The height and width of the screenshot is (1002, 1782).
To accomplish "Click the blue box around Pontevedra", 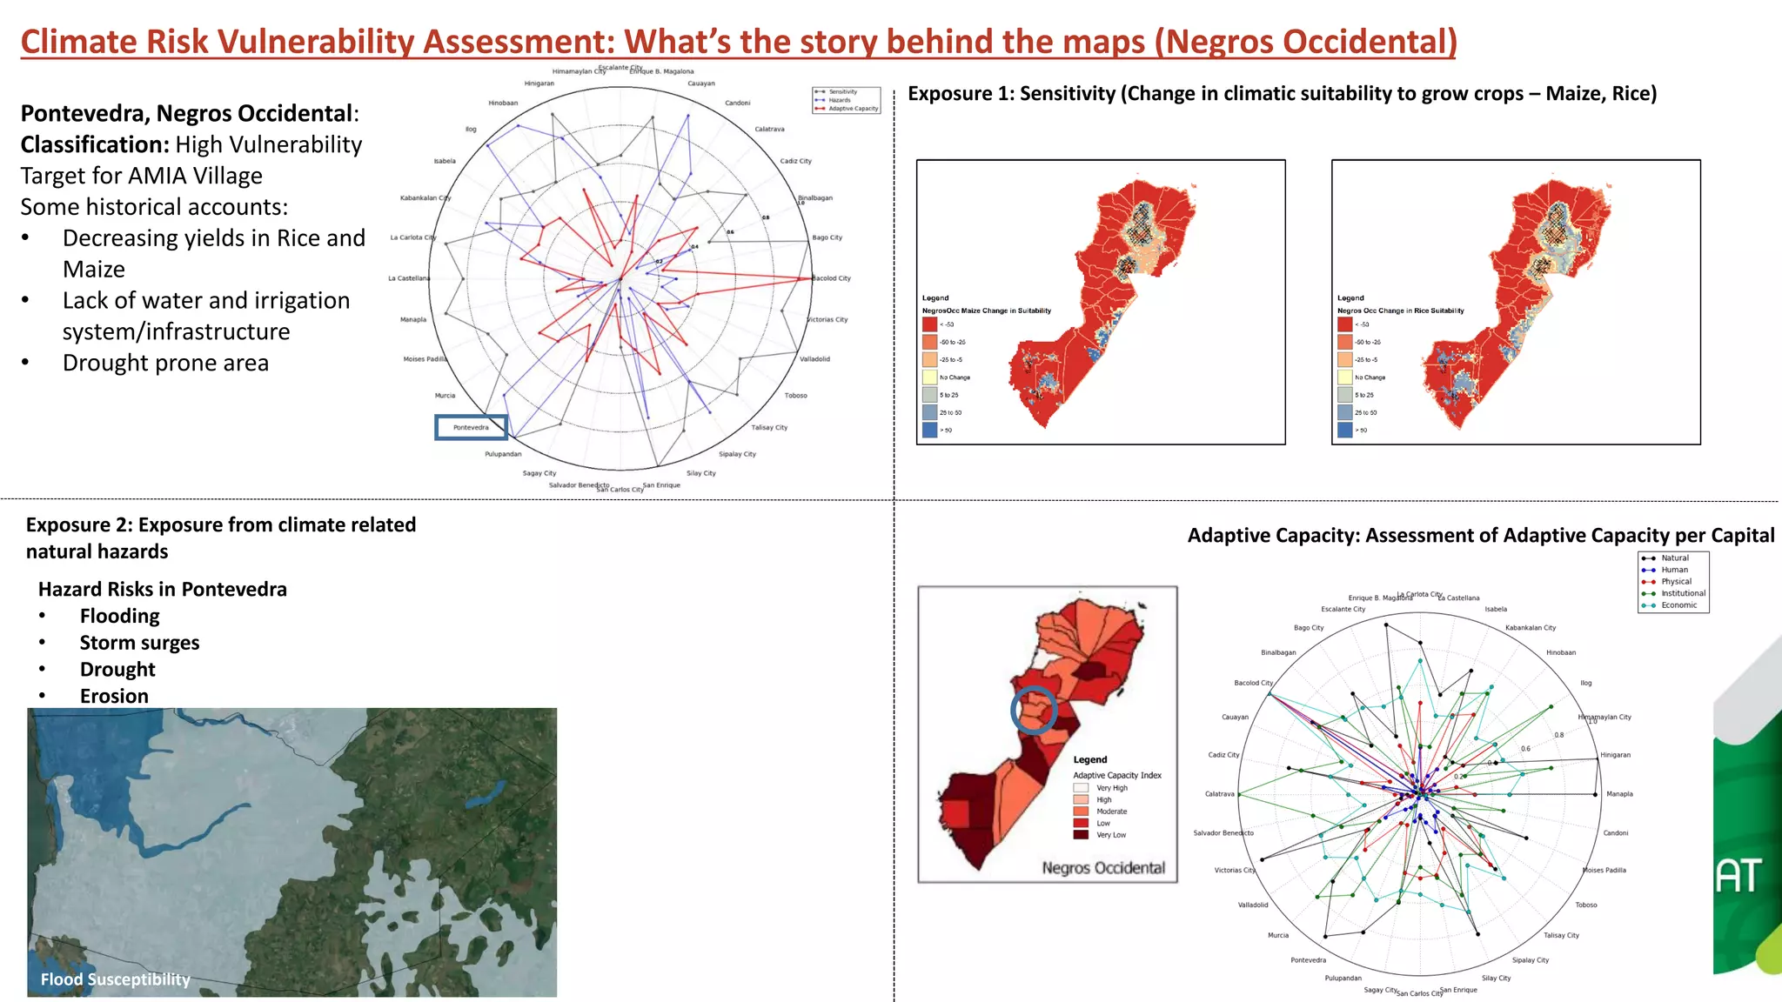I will point(471,427).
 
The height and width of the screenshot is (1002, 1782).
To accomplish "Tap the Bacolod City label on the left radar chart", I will point(832,278).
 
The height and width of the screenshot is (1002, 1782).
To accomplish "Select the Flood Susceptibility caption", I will point(115,979).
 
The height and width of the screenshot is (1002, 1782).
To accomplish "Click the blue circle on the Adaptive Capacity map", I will point(1034,710).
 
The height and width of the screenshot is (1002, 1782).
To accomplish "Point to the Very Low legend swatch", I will point(1081,835).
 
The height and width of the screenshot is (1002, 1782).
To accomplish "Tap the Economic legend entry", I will point(1678,605).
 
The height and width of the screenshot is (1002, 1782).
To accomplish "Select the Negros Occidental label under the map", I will point(1103,868).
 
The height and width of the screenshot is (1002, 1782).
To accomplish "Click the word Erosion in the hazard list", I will point(114,696).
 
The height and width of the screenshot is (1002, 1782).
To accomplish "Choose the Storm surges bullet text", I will point(139,643).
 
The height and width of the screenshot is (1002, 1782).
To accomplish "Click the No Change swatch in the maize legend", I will point(930,377).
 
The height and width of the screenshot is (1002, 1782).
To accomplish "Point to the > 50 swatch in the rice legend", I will point(1345,430).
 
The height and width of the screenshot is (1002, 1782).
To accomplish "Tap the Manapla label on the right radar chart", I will point(1619,794).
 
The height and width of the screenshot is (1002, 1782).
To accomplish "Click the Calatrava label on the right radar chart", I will point(1219,794).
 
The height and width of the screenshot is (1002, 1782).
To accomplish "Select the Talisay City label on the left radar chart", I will point(769,428).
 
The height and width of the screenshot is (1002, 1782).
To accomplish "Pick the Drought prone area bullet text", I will point(165,363).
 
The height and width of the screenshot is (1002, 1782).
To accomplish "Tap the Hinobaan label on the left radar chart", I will point(503,103).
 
